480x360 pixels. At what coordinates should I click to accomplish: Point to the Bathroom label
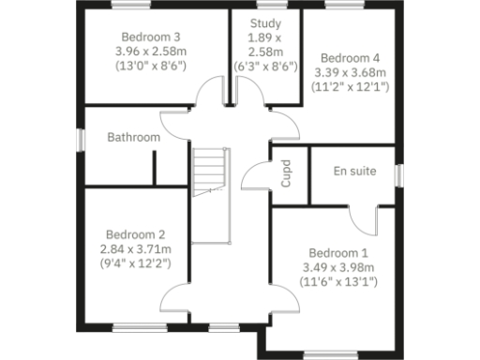click(133, 137)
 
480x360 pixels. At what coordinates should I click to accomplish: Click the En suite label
click(356, 172)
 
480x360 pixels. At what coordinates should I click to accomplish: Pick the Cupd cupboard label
click(287, 174)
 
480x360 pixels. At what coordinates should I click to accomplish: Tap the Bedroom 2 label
click(135, 234)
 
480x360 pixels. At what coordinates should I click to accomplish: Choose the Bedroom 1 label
click(339, 252)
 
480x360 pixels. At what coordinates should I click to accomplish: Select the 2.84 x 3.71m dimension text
click(135, 249)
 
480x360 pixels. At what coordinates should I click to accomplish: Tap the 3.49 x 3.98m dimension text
click(339, 267)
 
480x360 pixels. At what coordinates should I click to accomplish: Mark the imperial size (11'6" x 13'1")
click(339, 282)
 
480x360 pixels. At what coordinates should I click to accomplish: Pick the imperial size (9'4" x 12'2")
click(135, 265)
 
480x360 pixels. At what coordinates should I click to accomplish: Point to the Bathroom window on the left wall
click(80, 138)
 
